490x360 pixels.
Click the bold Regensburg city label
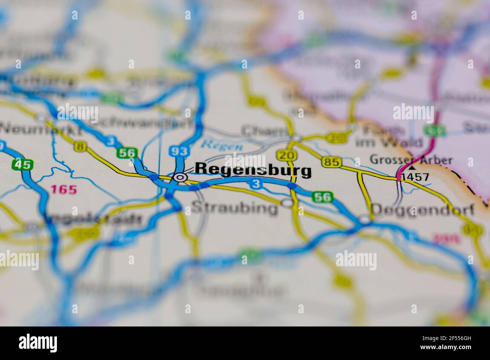254,170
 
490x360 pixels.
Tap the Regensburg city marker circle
181,177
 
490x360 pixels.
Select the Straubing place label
234,208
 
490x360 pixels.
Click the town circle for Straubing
288,203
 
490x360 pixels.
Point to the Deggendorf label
423,210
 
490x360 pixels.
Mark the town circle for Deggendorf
364,219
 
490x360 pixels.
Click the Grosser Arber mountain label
411,160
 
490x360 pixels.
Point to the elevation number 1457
415,177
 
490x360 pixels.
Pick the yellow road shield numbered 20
282,155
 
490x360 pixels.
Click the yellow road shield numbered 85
332,162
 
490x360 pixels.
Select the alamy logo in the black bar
38,343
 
